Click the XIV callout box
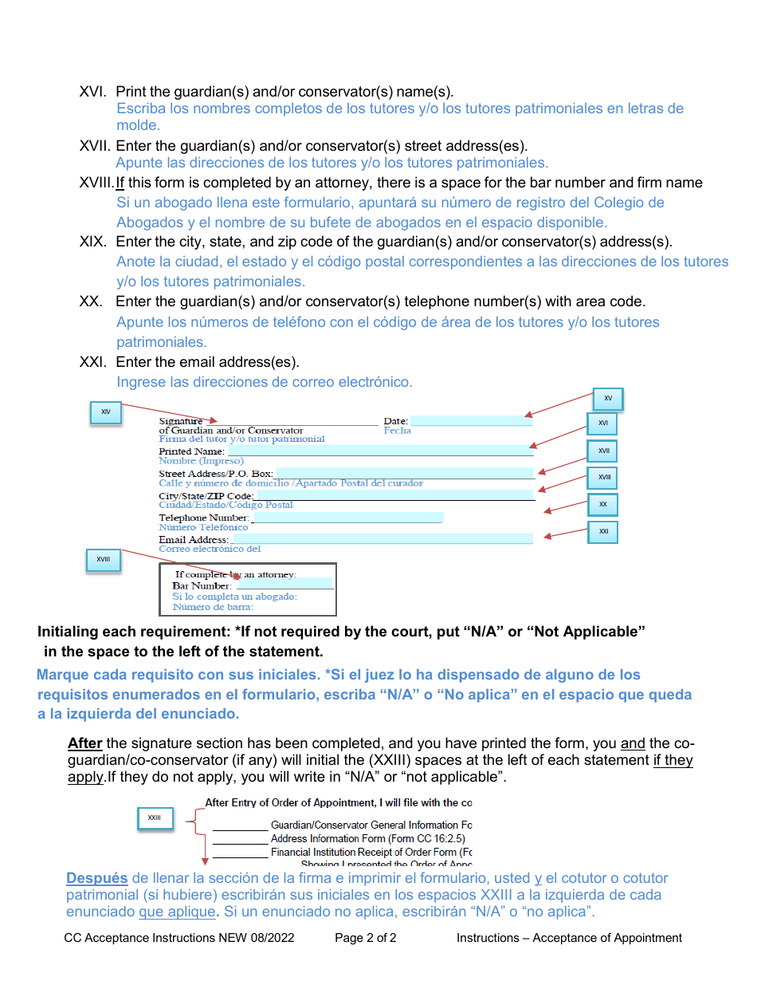[x=106, y=412]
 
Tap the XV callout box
[x=608, y=399]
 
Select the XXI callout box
[x=603, y=531]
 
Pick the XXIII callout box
[x=155, y=817]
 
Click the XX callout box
[x=603, y=505]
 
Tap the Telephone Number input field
[x=347, y=518]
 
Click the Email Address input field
[x=381, y=540]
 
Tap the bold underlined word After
[x=84, y=743]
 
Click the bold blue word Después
[x=96, y=878]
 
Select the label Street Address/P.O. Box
[x=215, y=474]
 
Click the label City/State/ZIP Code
[x=206, y=496]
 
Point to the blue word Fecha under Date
[x=397, y=431]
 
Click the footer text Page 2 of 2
[x=366, y=938]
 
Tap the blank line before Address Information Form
[x=240, y=839]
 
